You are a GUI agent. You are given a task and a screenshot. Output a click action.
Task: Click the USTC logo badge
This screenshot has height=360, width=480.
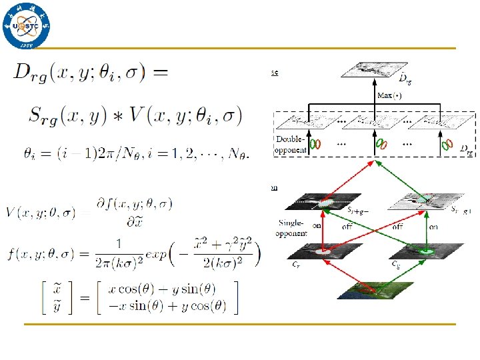point(27,27)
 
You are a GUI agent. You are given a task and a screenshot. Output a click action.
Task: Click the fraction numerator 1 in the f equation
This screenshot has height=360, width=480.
point(118,244)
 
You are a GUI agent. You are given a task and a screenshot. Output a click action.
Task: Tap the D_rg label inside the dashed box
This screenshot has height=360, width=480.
point(466,153)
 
